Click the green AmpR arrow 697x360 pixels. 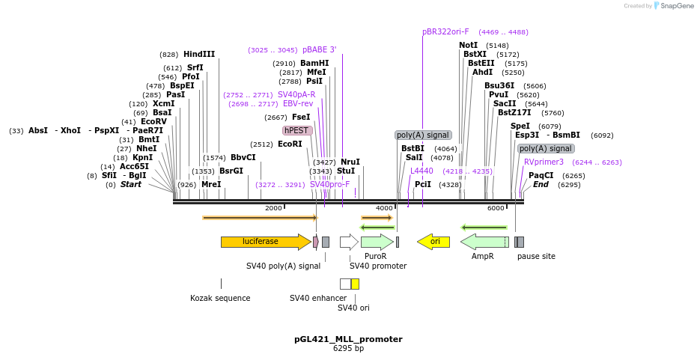pos(483,242)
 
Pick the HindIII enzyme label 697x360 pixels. pos(199,55)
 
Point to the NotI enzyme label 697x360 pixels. pos(468,46)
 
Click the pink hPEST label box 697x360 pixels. pos(297,130)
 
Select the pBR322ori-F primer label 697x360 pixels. pos(445,32)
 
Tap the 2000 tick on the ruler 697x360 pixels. pos(273,208)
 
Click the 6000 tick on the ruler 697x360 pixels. pos(496,208)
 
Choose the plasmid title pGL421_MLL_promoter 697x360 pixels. pos(348,339)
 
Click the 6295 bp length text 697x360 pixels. pos(348,349)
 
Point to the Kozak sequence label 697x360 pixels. pos(220,298)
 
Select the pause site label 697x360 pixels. pos(536,256)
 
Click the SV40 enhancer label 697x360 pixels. pos(318,298)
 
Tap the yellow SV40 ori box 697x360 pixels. pos(355,284)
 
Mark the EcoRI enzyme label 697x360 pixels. pos(290,144)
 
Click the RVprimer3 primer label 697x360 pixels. pos(544,162)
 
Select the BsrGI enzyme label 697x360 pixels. pos(231,171)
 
